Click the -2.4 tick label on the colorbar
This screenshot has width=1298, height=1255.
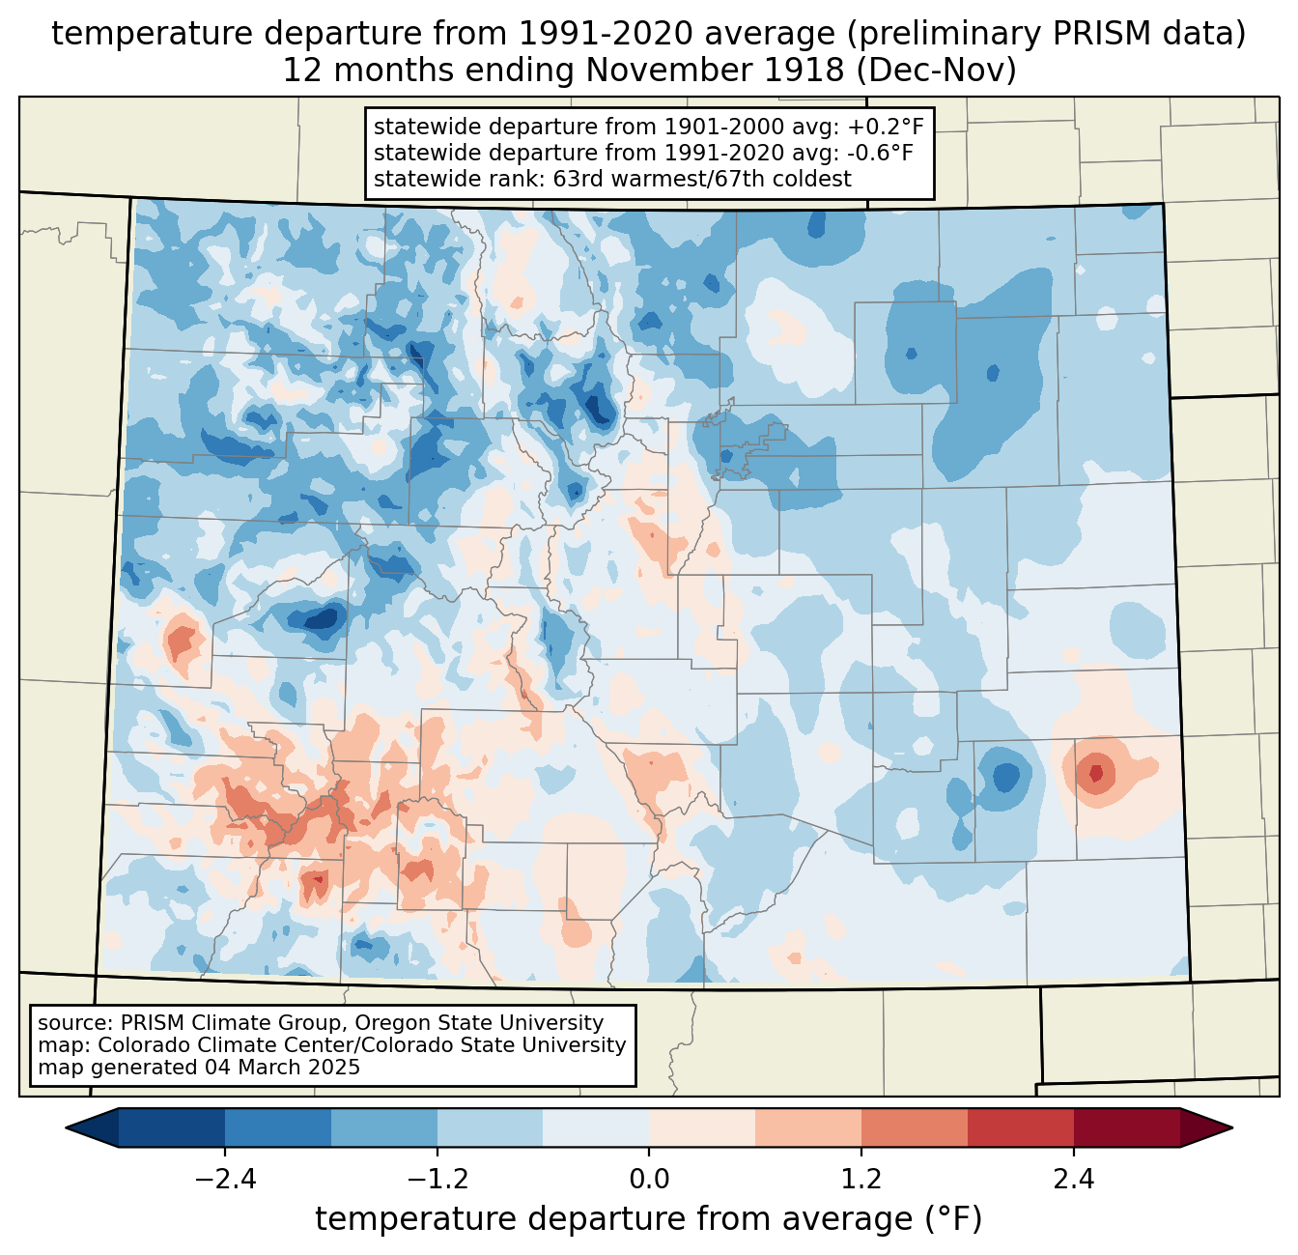[225, 1180]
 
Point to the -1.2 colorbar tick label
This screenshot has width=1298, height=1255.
[437, 1180]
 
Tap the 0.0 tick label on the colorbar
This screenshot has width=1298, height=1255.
[649, 1180]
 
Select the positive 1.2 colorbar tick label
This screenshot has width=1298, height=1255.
[861, 1180]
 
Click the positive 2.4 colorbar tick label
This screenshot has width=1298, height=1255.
[1074, 1180]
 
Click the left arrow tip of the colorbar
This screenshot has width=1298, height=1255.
[66, 1128]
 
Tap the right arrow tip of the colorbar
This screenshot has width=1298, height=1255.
[1232, 1128]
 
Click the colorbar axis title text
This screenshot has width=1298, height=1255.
[649, 1219]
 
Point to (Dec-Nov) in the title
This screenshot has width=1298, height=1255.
[937, 71]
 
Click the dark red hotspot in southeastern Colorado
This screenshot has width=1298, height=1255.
[1096, 773]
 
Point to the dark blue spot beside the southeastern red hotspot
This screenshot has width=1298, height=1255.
[1006, 776]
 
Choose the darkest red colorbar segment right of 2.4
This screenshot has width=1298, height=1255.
[1127, 1128]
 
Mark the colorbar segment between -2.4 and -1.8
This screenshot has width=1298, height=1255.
[278, 1128]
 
